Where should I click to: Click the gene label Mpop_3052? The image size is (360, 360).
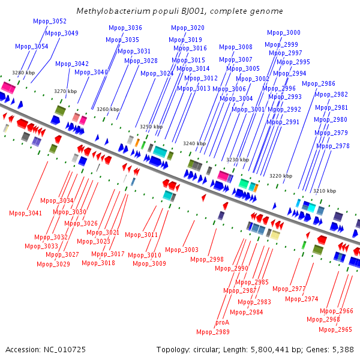point(50,22)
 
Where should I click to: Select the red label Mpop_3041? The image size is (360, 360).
point(25,213)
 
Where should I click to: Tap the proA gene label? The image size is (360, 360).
point(222,323)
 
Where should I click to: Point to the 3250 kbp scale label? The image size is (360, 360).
point(151,127)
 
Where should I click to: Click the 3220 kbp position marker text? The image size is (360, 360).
point(281,176)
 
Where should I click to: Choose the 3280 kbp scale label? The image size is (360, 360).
point(23,73)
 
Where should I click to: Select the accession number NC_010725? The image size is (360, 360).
point(65,350)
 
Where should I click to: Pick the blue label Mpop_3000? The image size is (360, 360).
point(284,32)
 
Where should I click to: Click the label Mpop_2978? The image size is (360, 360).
point(333,146)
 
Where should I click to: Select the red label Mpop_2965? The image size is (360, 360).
point(335,329)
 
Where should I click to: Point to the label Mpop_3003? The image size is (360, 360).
point(182,250)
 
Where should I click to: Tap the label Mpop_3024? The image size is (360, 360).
point(157,73)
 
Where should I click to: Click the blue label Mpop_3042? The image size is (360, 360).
point(72,64)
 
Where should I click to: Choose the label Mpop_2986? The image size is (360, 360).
point(319,83)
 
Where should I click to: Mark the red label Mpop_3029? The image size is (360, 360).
point(53,264)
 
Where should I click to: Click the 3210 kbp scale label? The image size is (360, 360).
point(325,191)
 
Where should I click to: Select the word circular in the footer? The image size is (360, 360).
point(206,350)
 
